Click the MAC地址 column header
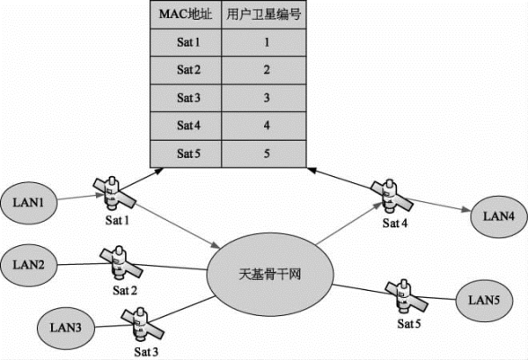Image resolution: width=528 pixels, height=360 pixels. click(186, 14)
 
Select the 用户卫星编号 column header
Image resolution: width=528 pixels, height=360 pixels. click(264, 14)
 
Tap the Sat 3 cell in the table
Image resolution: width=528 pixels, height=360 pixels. click(186, 98)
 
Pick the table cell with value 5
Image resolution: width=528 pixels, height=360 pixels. click(264, 154)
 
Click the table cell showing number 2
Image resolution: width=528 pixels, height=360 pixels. click(264, 70)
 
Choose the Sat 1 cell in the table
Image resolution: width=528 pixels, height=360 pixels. click(186, 42)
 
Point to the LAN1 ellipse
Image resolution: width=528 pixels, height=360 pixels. click(29, 203)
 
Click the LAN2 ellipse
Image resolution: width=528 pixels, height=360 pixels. click(29, 265)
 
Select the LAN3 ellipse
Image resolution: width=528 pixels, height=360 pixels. click(66, 328)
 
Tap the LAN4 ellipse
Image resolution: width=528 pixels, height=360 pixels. click(498, 216)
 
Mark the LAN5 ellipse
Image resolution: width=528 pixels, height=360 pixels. click(484, 301)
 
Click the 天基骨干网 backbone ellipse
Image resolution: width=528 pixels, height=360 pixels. click(269, 275)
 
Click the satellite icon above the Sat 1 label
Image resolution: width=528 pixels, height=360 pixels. click(115, 194)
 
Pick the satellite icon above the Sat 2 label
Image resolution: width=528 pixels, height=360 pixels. click(121, 264)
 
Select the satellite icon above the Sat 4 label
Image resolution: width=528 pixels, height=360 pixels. click(392, 197)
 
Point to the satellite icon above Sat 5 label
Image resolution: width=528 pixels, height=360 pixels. click(407, 297)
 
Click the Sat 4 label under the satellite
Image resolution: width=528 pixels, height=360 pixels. click(395, 223)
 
